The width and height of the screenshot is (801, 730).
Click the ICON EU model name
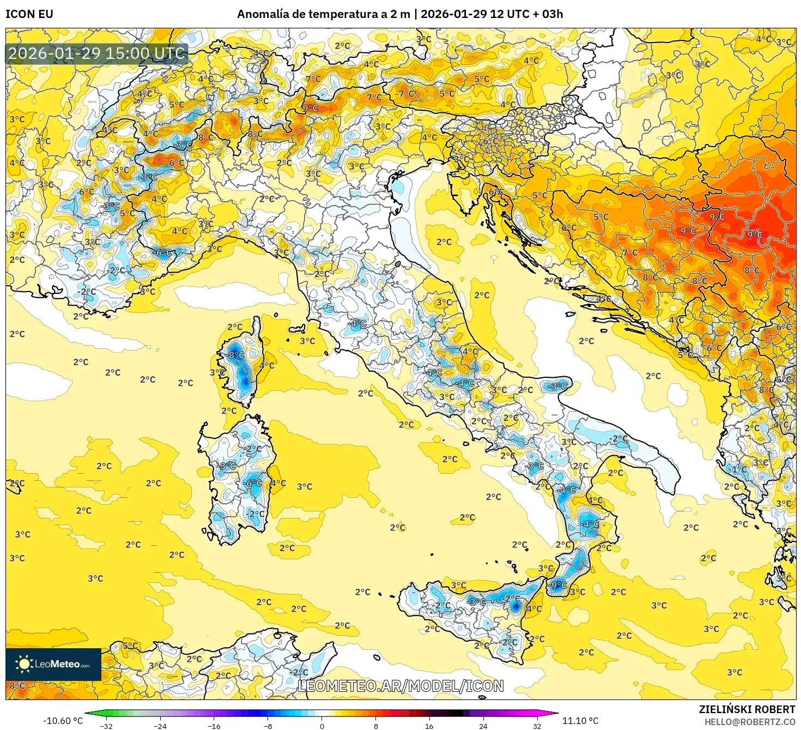[x=29, y=14]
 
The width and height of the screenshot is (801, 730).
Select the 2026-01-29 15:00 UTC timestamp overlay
[x=97, y=53]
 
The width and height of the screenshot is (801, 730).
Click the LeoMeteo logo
[x=53, y=664]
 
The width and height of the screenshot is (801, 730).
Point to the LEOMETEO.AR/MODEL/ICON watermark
[x=400, y=686]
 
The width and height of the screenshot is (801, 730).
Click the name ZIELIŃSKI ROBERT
[x=747, y=709]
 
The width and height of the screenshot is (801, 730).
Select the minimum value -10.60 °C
[x=63, y=721]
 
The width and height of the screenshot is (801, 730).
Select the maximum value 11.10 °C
[x=580, y=721]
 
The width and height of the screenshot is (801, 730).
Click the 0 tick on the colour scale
[x=322, y=726]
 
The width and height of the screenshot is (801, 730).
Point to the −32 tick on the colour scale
[x=106, y=726]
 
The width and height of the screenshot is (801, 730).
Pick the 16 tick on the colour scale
[x=429, y=726]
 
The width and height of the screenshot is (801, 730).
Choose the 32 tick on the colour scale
[x=537, y=726]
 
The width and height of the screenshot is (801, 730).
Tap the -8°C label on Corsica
[x=236, y=355]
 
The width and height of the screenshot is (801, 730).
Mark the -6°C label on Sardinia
[x=252, y=483]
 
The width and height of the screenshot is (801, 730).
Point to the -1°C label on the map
[x=738, y=469]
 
